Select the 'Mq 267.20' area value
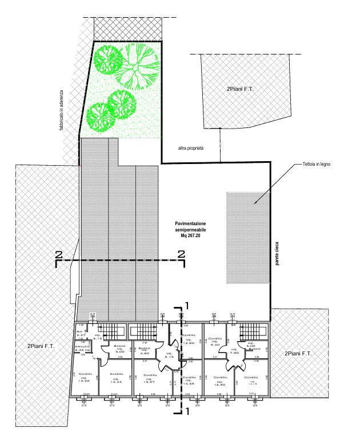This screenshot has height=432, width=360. [191, 235]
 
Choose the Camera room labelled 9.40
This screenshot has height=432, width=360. [215, 342]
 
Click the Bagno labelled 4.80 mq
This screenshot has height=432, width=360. [145, 351]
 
